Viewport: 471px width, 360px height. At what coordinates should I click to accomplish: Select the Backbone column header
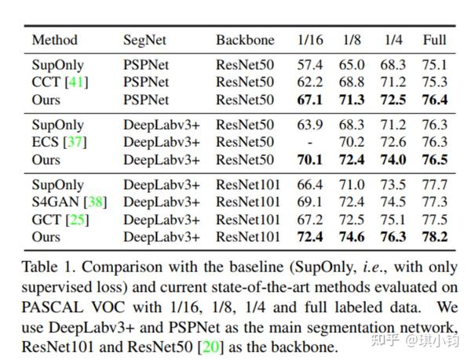pyautogui.click(x=245, y=40)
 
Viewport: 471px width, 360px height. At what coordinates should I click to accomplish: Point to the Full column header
pyautogui.click(x=434, y=40)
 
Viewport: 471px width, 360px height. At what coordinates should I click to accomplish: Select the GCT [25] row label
pyautogui.click(x=58, y=219)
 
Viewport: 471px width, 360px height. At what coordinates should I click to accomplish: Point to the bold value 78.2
pyautogui.click(x=434, y=236)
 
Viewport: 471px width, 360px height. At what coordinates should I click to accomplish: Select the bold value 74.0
pyautogui.click(x=393, y=159)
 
